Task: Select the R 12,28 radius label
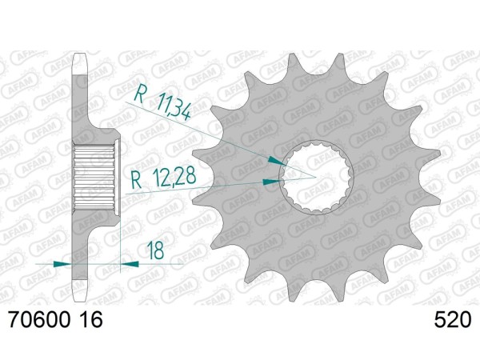163,177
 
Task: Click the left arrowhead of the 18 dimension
70,262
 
